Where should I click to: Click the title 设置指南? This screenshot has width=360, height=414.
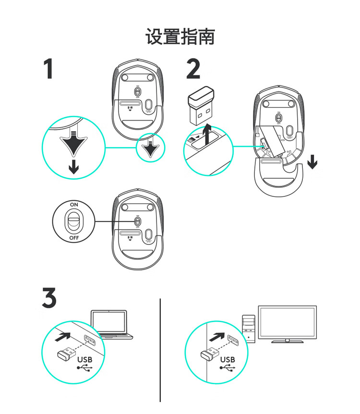pos(180,37)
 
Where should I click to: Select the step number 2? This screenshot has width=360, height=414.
pos(193,69)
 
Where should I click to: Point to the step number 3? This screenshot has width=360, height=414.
pos(49,298)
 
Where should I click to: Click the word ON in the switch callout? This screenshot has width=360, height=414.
pos(73,204)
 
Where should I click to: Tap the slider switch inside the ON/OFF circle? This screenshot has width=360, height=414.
pos(73,221)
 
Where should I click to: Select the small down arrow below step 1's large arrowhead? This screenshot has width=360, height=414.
pos(73,167)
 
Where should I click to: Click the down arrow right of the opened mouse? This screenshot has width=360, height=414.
pos(312,162)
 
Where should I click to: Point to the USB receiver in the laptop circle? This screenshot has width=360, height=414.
pos(66,354)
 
